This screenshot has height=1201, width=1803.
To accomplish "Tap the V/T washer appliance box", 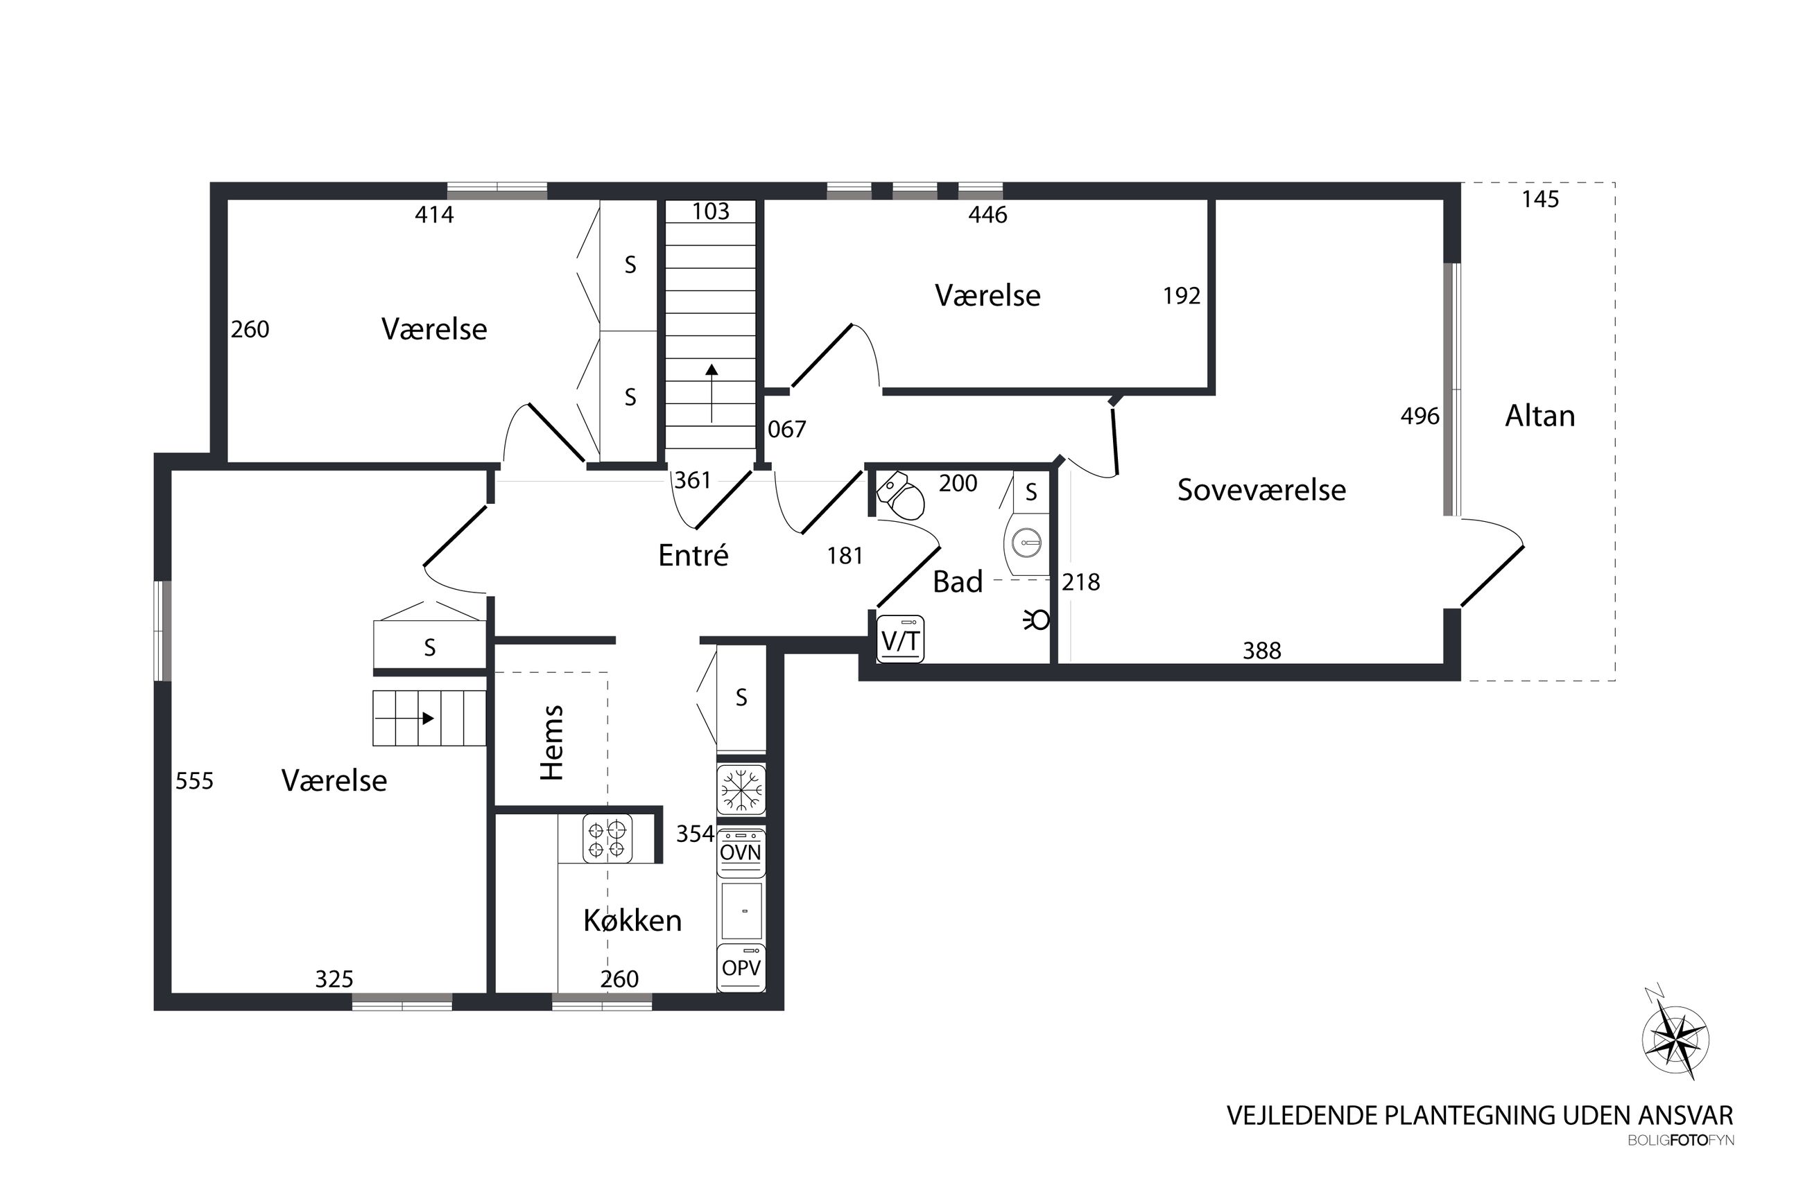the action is click(x=900, y=639).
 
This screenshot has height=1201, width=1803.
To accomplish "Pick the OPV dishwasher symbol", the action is click(x=741, y=967).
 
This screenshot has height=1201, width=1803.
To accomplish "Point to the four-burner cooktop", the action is click(x=607, y=838).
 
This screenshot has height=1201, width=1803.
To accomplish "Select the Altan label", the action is click(x=1540, y=416).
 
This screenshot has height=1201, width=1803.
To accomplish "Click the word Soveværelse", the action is click(x=1261, y=490).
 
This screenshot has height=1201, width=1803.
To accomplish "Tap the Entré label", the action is click(x=693, y=554).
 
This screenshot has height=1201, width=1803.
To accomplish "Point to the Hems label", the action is click(x=552, y=742).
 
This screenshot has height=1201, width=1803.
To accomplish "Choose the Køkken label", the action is click(x=632, y=920).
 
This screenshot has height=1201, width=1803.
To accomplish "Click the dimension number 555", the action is click(x=195, y=780).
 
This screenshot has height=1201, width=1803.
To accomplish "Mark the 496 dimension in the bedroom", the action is click(x=1420, y=416).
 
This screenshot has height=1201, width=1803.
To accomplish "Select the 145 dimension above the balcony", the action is click(x=1540, y=199).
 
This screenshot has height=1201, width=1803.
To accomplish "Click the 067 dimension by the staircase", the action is click(x=787, y=429).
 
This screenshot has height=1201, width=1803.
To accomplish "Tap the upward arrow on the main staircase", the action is click(x=712, y=393).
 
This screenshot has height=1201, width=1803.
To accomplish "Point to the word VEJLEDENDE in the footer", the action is click(x=1302, y=1115).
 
